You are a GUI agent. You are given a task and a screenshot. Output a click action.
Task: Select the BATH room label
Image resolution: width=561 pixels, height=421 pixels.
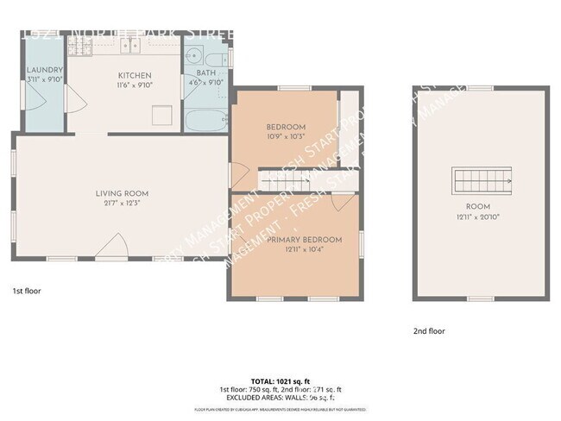[206, 73]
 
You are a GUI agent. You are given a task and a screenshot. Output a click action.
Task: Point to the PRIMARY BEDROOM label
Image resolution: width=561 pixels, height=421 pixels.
[304, 239]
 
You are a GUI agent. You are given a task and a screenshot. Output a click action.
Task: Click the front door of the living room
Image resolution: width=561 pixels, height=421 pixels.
[112, 250]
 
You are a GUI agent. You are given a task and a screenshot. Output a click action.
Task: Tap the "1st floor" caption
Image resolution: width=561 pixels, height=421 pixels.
[26, 291]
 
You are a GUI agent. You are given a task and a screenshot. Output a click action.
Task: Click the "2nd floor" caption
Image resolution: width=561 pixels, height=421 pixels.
[428, 330]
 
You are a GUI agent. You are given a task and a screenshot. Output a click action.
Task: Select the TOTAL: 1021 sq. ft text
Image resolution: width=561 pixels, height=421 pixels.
[280, 380]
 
